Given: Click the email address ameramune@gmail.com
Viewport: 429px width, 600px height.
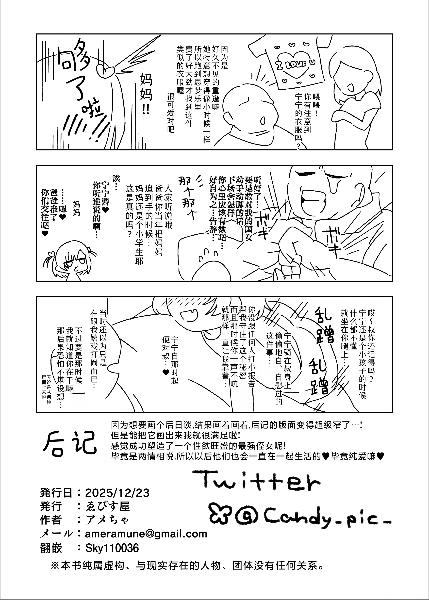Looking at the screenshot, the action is point(146,534).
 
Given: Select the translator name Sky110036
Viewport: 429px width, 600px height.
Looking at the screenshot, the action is point(112,548).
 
